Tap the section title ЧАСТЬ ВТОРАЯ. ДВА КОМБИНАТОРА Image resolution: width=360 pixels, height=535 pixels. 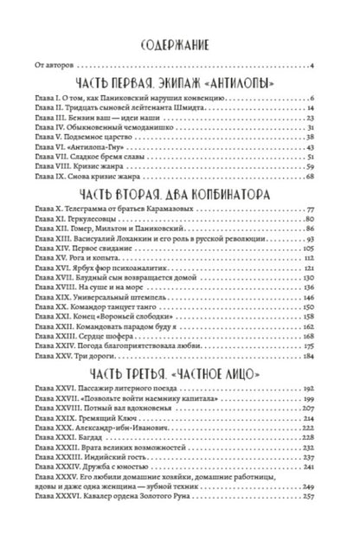tap(179, 218)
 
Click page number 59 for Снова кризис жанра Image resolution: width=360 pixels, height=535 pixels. tap(319, 177)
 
